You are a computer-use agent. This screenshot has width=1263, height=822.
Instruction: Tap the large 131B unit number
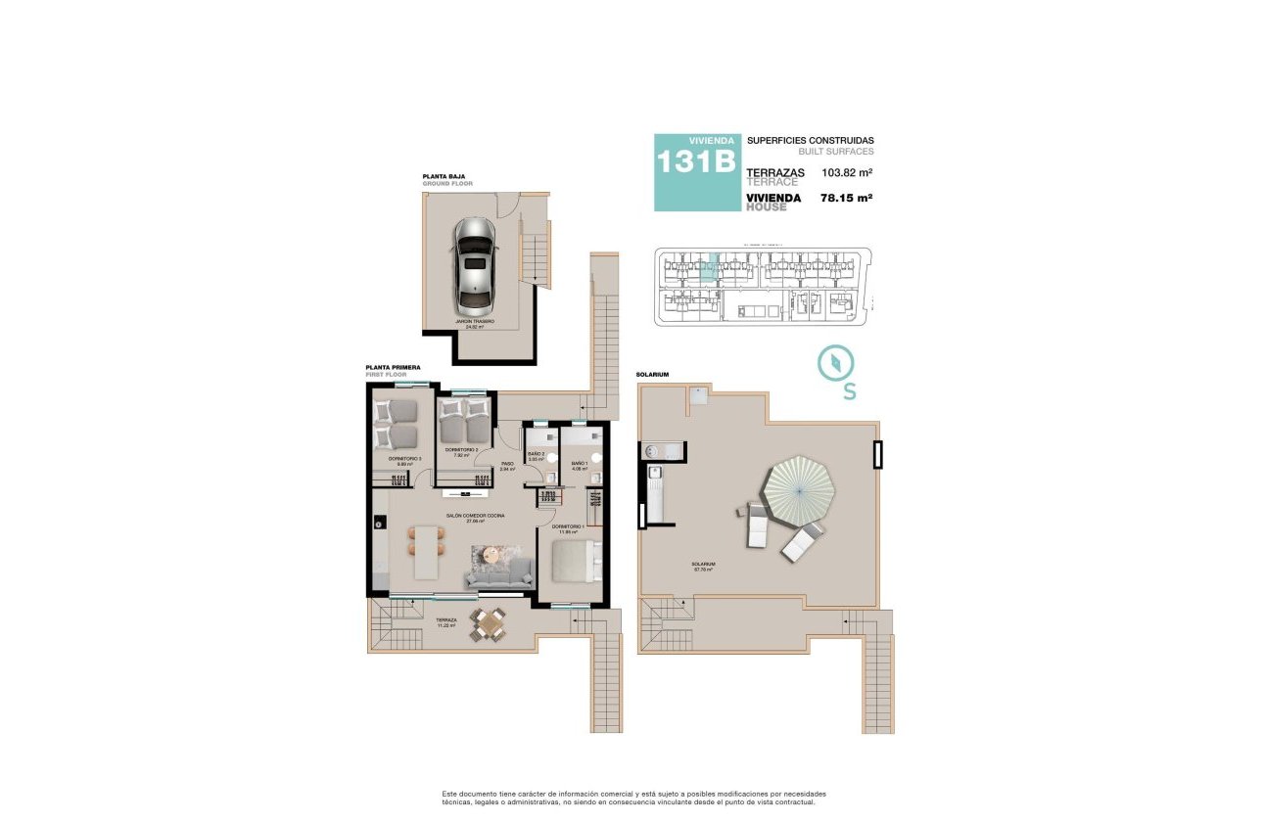click(696, 162)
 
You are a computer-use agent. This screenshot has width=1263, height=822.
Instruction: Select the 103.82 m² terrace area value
click(847, 173)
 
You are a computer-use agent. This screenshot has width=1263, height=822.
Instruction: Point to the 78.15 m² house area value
click(847, 198)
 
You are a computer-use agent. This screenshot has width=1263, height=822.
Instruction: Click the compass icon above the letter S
click(834, 363)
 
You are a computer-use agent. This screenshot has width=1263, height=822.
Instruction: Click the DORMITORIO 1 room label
click(568, 528)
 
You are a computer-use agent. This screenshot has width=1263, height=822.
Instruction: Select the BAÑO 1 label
click(580, 465)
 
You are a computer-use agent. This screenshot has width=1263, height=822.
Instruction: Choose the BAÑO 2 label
click(536, 455)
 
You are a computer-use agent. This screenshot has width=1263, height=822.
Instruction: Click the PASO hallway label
click(507, 466)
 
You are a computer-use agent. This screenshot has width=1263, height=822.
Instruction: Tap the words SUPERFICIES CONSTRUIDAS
click(810, 141)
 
